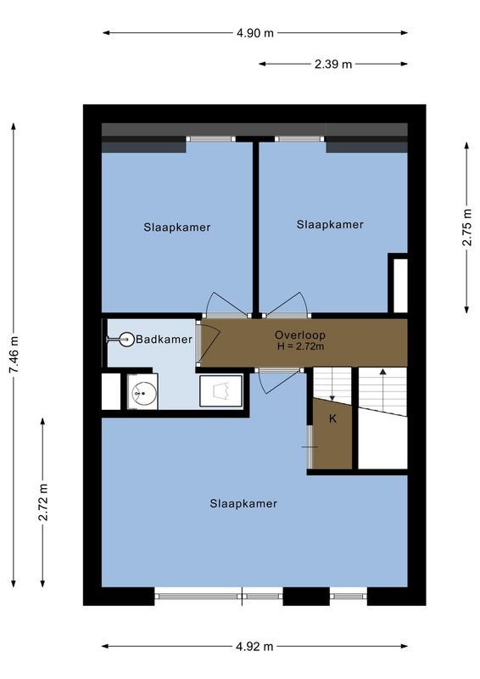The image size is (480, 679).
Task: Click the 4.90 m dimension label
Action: click(255, 33)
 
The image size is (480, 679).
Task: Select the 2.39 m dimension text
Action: click(332, 64)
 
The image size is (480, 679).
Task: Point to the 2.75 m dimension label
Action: click(466, 227)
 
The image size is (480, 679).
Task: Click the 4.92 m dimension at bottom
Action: click(254, 646)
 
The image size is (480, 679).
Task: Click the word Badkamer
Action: click(164, 339)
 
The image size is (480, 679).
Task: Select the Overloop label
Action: click(300, 334)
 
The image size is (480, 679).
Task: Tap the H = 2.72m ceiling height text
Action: click(300, 346)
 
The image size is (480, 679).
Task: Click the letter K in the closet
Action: click(332, 418)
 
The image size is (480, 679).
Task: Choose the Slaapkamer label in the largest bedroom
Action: click(243, 503)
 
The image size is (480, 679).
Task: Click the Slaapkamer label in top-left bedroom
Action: click(176, 227)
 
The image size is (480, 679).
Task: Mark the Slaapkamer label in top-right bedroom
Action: click(330, 224)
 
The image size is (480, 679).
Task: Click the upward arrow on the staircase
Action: click(382, 373)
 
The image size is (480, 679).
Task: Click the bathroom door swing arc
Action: click(209, 333)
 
